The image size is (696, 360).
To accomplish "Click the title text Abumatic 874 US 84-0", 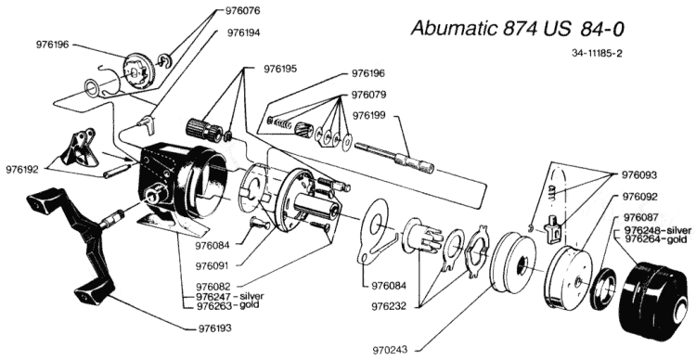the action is pyautogui.click(x=518, y=29).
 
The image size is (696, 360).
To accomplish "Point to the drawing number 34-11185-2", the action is pyautogui.click(x=597, y=53).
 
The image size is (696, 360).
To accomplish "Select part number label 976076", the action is pyautogui.click(x=242, y=10).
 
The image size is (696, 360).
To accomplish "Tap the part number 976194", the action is pyautogui.click(x=244, y=32).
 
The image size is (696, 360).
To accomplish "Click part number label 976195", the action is pyautogui.click(x=280, y=69).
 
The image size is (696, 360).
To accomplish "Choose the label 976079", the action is pyautogui.click(x=368, y=95).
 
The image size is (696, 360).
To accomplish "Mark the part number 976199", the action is pyautogui.click(x=369, y=115).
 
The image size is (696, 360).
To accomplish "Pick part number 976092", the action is pyautogui.click(x=639, y=197).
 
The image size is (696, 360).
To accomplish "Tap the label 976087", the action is pyautogui.click(x=641, y=217).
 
